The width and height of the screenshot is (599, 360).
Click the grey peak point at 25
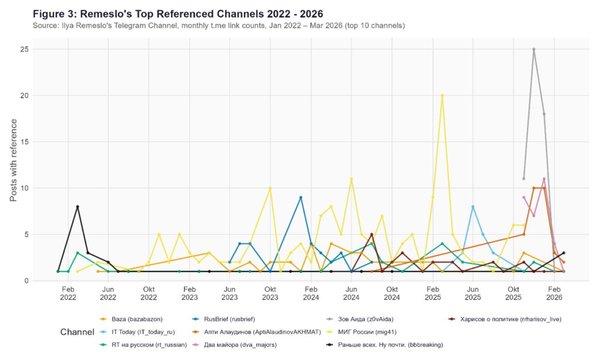pos(533,49)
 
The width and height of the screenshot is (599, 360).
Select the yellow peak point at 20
pos(442,95)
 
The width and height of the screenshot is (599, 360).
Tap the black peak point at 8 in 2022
pos(77,207)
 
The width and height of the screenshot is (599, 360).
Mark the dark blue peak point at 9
pos(301,197)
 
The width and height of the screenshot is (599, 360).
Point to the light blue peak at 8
pos(473,207)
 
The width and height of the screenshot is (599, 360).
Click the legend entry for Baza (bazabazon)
pos(135,319)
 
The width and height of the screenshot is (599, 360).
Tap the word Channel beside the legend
pos(77,332)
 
